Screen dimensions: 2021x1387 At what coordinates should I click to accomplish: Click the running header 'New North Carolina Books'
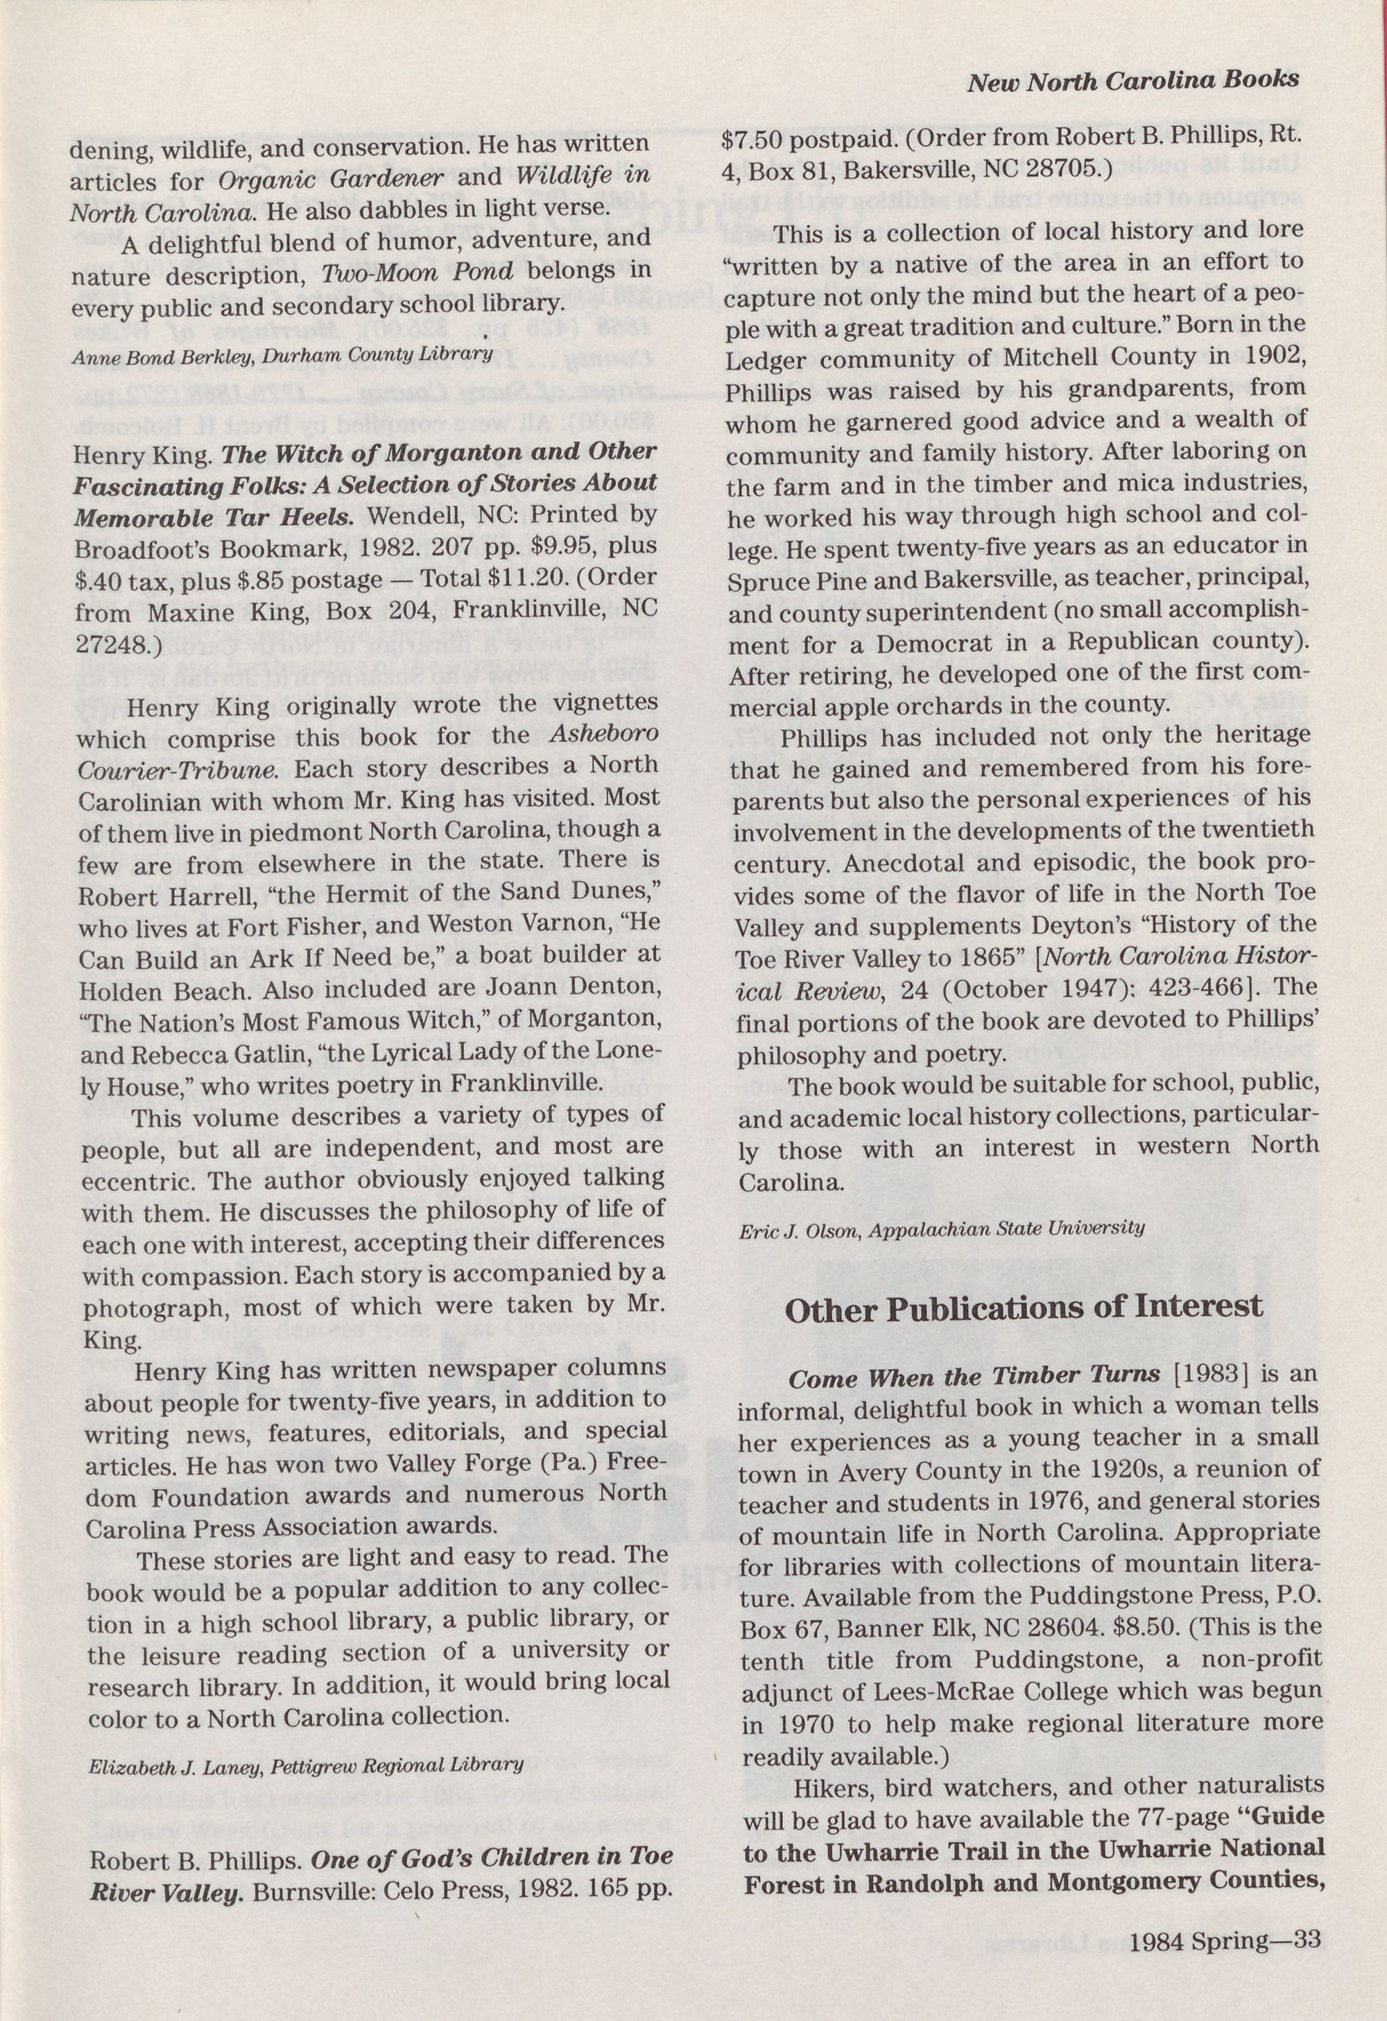click(1133, 81)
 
